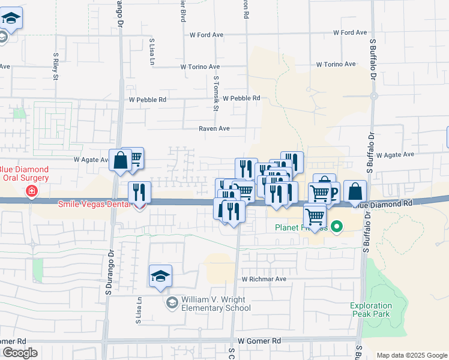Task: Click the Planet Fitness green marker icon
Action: point(337,227)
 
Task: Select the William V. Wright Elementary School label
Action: point(216,304)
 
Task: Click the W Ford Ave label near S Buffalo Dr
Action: point(350,32)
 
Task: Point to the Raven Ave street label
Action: point(215,128)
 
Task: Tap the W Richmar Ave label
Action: point(264,279)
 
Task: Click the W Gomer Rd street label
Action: point(259,341)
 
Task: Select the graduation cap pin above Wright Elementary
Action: point(161,275)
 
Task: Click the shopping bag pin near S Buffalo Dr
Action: point(355,191)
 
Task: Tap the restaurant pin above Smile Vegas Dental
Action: point(139,192)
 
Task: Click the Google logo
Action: point(20,353)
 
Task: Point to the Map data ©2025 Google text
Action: point(411,355)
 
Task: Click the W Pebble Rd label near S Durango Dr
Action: point(147,100)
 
